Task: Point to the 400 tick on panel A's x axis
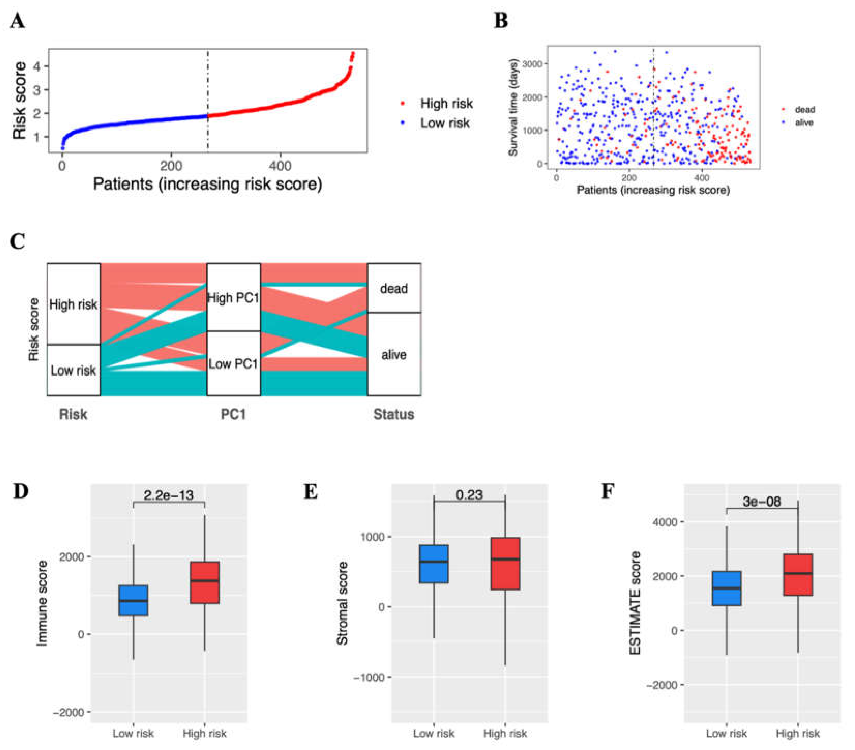tap(280, 166)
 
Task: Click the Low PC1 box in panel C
tap(234, 363)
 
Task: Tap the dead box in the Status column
tap(394, 288)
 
